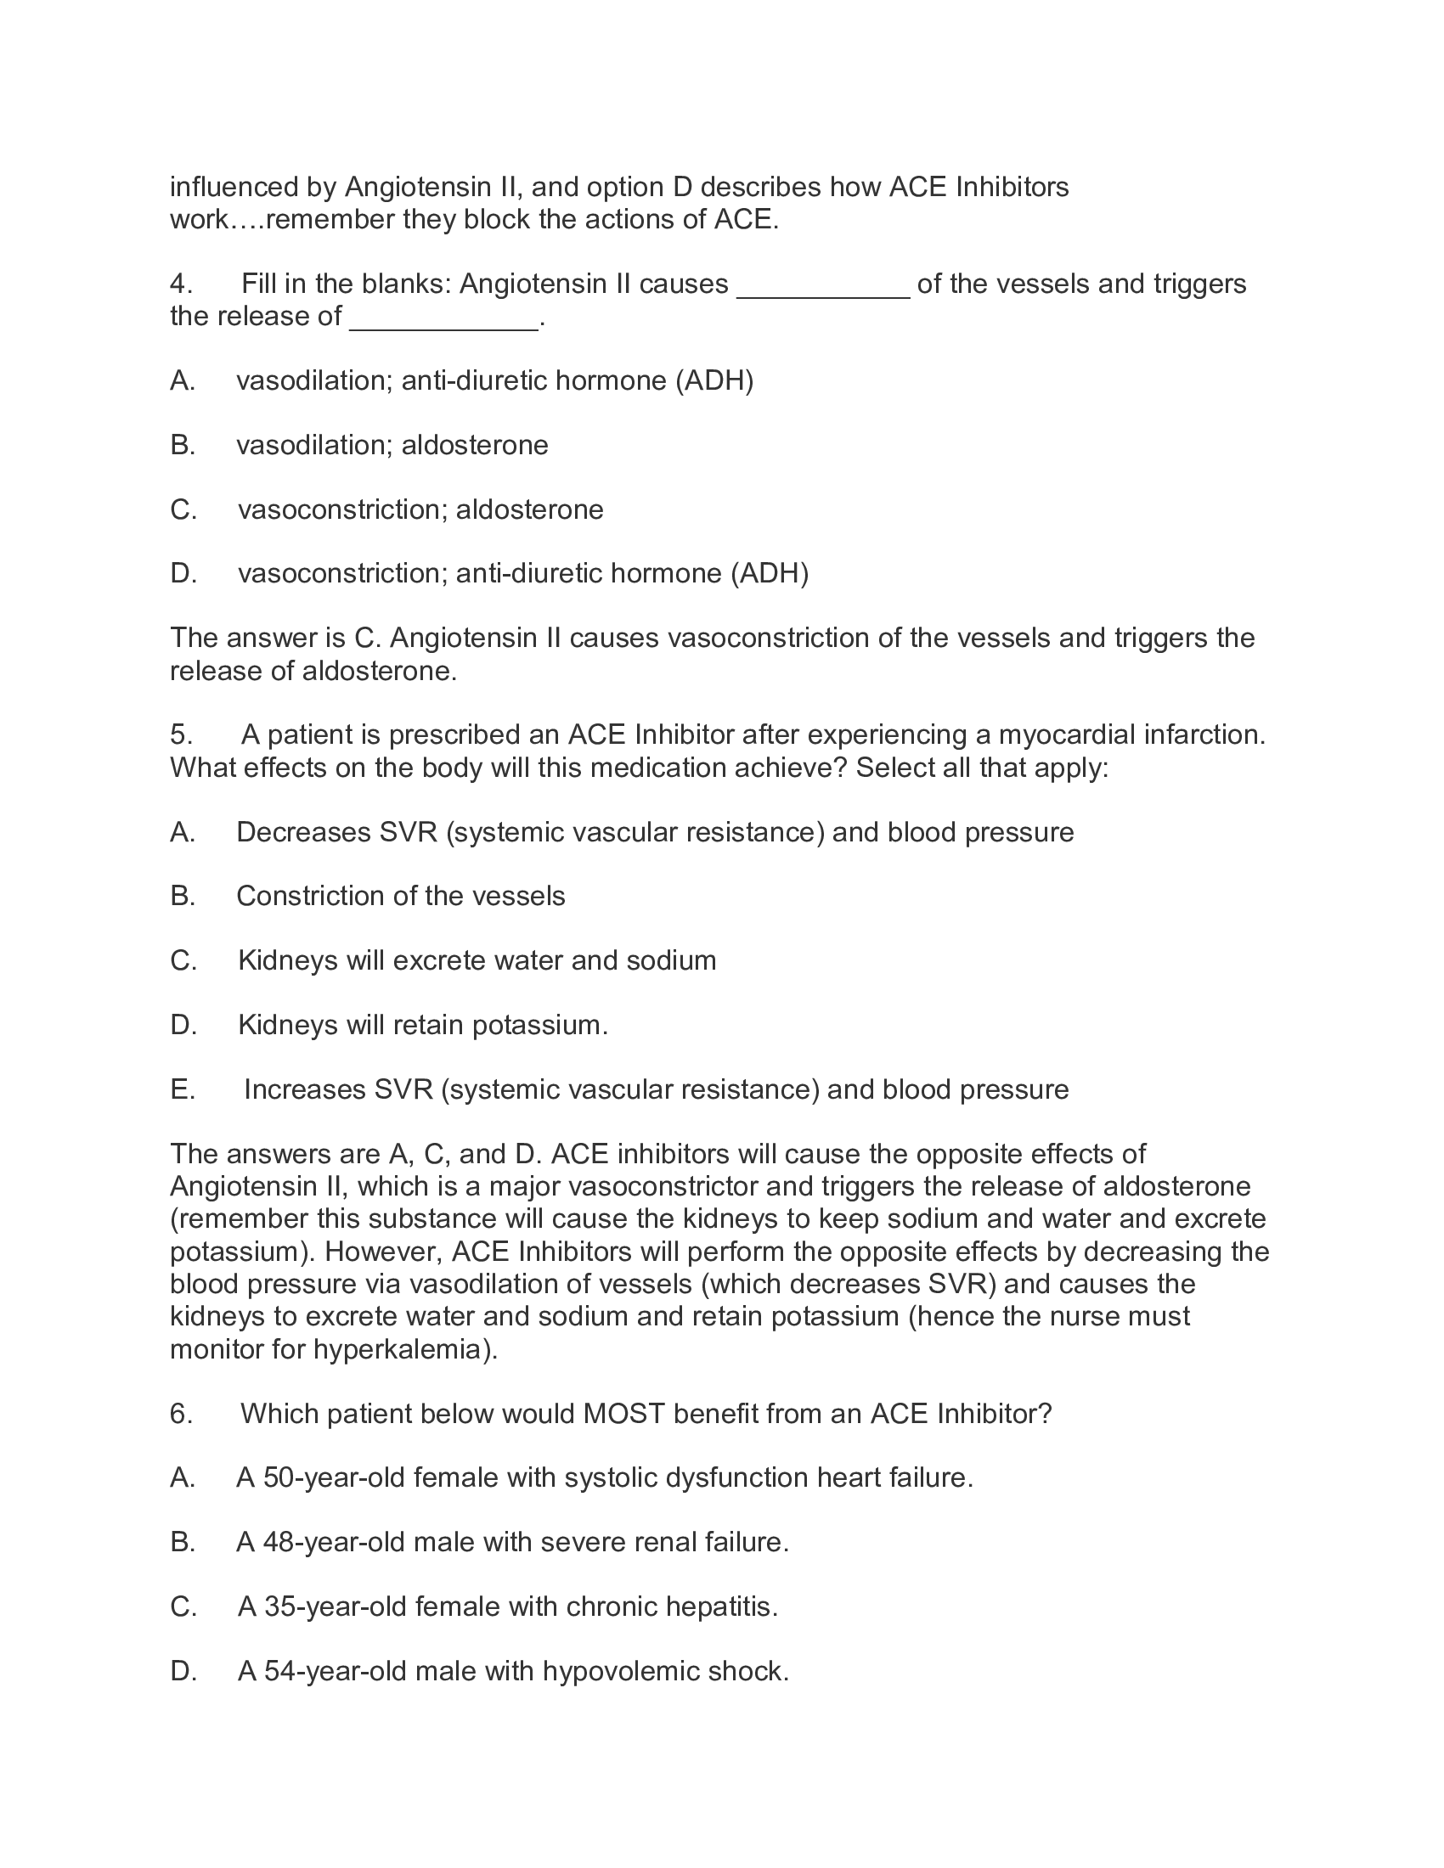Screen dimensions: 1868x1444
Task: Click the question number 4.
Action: pyautogui.click(x=180, y=283)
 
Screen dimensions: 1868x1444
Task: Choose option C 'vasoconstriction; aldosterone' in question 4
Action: pyautogui.click(x=420, y=509)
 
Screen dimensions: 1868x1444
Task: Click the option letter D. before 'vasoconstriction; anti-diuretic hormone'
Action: pyautogui.click(x=183, y=573)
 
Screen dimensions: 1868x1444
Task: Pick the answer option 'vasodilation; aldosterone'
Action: pyautogui.click(x=392, y=445)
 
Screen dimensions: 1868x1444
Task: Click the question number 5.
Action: pyautogui.click(x=180, y=734)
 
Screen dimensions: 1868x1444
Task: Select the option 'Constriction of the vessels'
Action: pyautogui.click(x=400, y=896)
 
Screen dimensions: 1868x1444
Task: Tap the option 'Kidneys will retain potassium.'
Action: pyautogui.click(x=423, y=1025)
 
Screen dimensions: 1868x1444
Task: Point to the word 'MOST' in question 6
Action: pyautogui.click(x=623, y=1413)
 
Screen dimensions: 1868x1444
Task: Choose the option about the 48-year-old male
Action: pyautogui.click(x=511, y=1542)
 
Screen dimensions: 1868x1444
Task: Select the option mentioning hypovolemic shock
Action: pyautogui.click(x=512, y=1670)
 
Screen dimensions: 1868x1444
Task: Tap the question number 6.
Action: pyautogui.click(x=180, y=1413)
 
